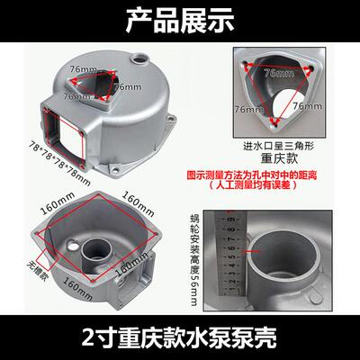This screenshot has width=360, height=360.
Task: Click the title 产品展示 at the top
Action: [180, 16]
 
